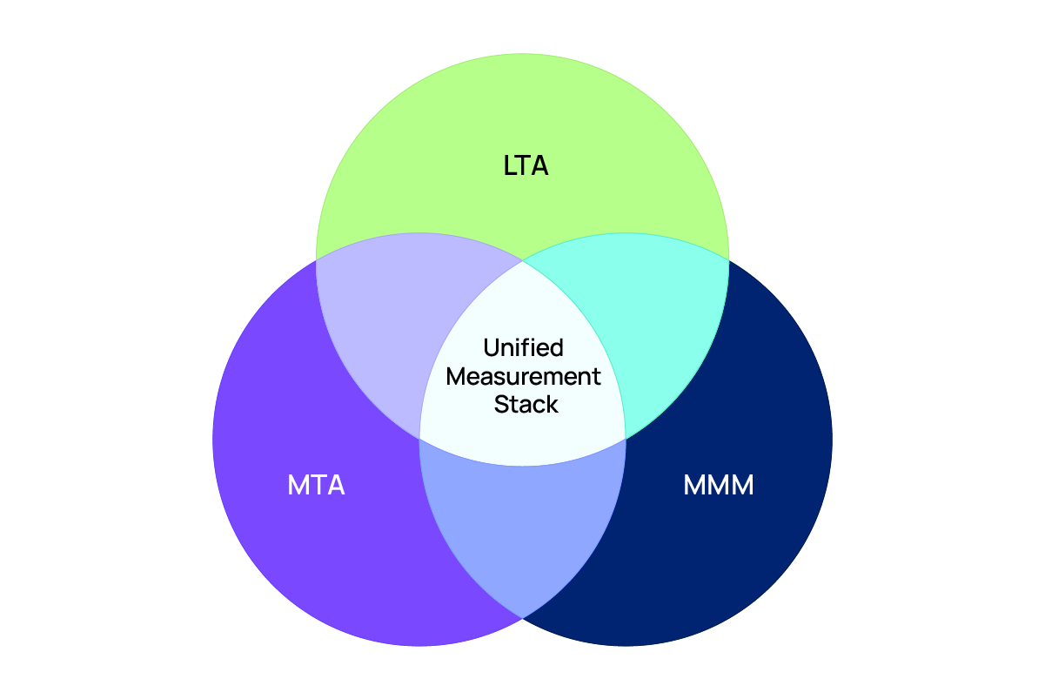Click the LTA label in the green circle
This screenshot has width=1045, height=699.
click(526, 165)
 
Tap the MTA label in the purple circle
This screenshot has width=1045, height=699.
click(316, 485)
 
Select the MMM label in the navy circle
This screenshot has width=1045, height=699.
click(718, 485)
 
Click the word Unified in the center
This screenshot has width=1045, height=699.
click(523, 348)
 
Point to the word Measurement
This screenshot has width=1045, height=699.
click(523, 376)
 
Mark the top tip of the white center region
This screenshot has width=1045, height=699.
click(522, 260)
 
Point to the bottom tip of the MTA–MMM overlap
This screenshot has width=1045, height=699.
click(522, 617)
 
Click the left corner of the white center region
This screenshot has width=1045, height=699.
click(420, 438)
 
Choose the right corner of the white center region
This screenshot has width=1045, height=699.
click(625, 438)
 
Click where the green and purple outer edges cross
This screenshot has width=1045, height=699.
click(316, 259)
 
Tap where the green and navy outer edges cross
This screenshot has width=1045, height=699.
click(729, 259)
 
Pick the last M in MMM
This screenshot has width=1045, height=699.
click(742, 485)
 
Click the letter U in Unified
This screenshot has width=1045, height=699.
click(490, 348)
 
